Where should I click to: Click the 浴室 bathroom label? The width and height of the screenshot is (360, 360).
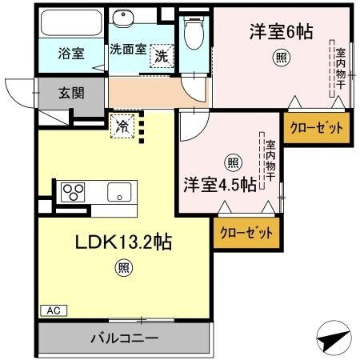(72, 54)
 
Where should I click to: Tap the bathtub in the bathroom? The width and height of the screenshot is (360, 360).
(71, 23)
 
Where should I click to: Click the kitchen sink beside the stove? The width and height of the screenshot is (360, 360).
(120, 192)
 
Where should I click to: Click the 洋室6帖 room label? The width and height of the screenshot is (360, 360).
(280, 32)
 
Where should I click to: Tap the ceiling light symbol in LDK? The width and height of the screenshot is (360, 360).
(123, 268)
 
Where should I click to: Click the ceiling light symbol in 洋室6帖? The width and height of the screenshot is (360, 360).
(280, 57)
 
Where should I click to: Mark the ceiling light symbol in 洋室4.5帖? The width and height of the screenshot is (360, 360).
(232, 163)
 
